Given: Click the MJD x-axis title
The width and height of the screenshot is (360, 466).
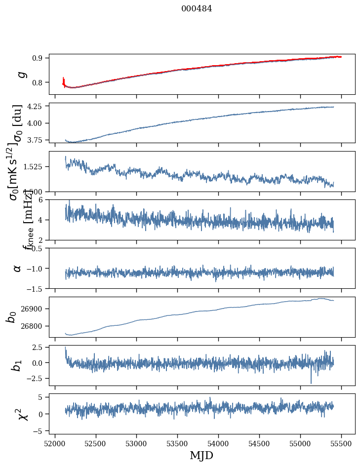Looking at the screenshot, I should (201, 455).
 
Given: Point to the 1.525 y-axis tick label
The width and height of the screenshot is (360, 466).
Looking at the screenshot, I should (34, 167).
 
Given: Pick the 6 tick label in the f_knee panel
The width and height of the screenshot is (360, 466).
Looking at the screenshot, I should (42, 199).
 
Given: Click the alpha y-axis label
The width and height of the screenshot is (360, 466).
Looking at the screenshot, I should (18, 268).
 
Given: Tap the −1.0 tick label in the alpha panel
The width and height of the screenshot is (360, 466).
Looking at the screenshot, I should (36, 268).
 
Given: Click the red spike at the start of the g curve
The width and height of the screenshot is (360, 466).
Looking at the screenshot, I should (64, 80).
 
